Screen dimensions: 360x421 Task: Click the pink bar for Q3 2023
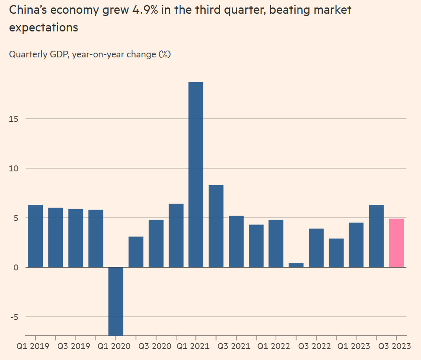click(x=396, y=243)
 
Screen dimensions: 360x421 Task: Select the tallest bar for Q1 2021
click(x=196, y=174)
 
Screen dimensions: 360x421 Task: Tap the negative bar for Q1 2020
click(x=116, y=301)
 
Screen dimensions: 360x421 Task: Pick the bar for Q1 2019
click(x=35, y=236)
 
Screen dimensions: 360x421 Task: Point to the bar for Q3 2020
click(x=156, y=243)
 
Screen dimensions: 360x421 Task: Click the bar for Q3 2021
click(x=236, y=241)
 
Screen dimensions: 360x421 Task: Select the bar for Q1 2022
click(x=276, y=243)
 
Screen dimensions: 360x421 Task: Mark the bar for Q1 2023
click(x=356, y=245)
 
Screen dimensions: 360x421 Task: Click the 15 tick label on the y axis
click(x=14, y=119)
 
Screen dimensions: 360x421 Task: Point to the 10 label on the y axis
click(x=14, y=168)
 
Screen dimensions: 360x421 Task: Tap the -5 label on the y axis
click(x=14, y=317)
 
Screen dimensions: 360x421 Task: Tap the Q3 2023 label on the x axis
click(x=395, y=346)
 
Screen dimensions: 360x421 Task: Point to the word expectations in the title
click(x=43, y=28)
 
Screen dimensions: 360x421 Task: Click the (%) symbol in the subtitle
click(x=164, y=54)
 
